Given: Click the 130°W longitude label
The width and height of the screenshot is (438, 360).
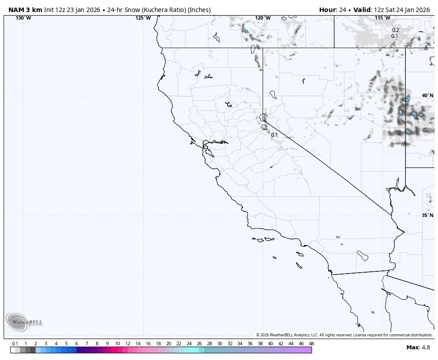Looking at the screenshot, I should point(23,18).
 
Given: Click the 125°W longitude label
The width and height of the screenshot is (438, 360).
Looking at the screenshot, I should point(143,18).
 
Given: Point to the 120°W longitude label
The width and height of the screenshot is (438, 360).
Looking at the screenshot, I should point(263,18).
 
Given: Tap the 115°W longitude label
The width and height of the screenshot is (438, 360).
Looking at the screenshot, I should point(382,18).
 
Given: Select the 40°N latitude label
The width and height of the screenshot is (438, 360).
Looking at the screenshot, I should point(427,95).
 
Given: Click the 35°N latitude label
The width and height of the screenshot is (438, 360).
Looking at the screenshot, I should point(427,215).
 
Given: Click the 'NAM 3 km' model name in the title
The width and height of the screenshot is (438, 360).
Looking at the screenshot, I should point(25,10).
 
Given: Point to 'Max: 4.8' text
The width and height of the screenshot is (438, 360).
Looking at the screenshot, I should point(418,348).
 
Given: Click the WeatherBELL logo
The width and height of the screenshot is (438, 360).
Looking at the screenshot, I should point(24,322).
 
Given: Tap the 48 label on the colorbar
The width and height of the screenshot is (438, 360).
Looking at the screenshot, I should point(311,344).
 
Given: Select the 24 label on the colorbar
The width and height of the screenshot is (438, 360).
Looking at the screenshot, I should point(189,344).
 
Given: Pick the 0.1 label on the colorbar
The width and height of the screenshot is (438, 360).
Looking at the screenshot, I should point(15,344).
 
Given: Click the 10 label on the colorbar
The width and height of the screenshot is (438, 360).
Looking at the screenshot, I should point(117,344).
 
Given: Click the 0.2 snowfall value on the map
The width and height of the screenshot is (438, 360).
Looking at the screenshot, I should point(395,30).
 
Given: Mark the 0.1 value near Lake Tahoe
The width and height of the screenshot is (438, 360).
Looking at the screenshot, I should point(274,135).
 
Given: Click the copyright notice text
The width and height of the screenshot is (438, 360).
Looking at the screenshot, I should point(344,335).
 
